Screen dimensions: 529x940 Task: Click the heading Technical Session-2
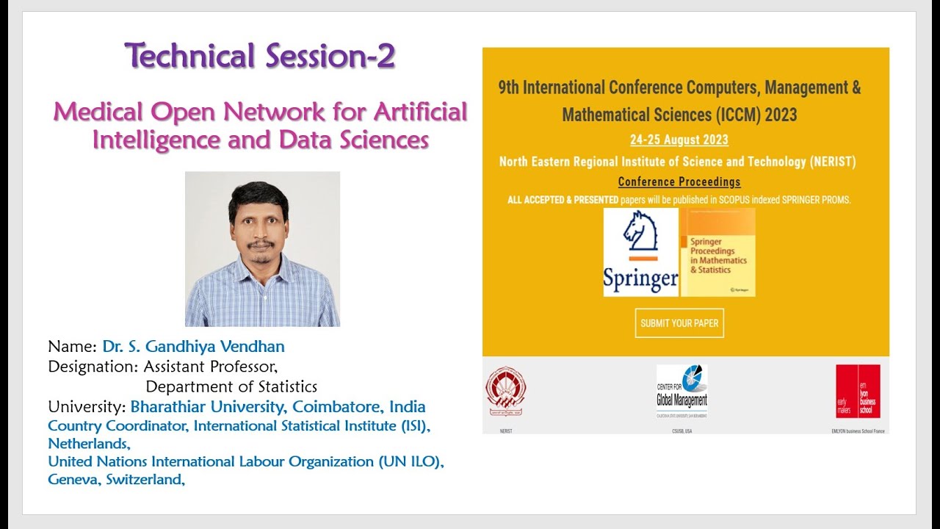pos(260,56)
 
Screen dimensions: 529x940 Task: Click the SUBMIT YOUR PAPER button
pos(679,323)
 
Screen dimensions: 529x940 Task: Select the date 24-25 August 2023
pos(679,140)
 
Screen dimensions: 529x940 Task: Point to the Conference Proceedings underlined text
pos(679,181)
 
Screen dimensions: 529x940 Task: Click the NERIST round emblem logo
pos(505,391)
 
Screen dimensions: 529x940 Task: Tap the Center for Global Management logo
pos(681,390)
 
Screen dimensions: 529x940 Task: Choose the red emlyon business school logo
pos(858,391)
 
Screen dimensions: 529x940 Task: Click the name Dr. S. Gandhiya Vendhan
pos(193,347)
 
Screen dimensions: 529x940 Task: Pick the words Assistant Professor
pos(211,366)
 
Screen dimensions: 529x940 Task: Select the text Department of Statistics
pos(231,386)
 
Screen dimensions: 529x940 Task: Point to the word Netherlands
pos(88,444)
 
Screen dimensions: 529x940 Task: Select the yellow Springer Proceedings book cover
pos(717,253)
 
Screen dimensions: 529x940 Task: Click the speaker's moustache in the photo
pos(261,243)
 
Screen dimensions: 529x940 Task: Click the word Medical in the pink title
pos(98,112)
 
